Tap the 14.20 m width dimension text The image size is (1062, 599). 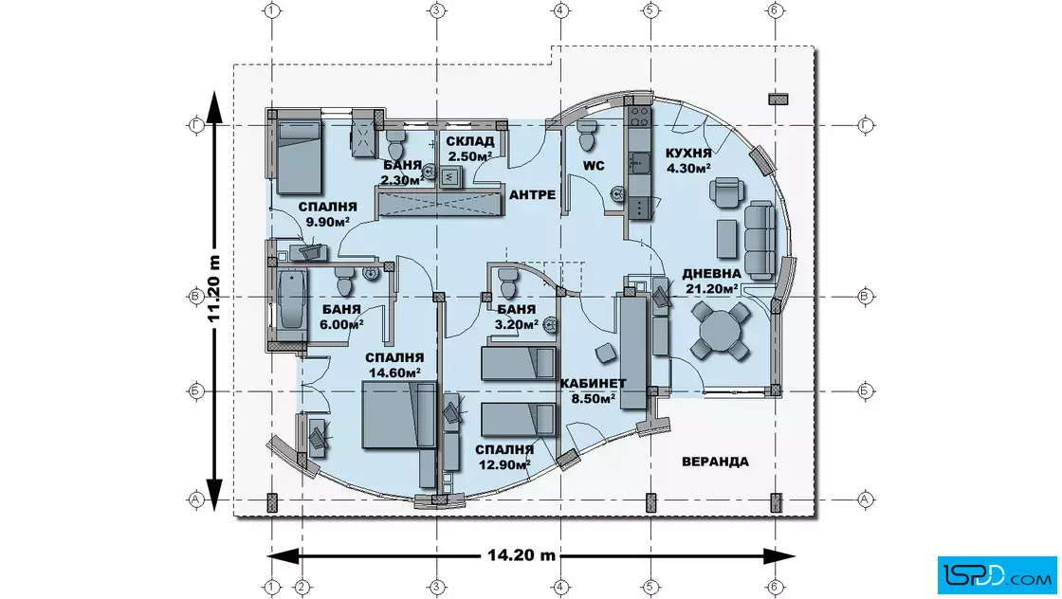[x=522, y=555]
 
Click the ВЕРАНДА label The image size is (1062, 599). [x=715, y=462]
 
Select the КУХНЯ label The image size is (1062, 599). [x=688, y=153]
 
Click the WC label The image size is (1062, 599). [x=594, y=166]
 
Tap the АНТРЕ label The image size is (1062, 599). [x=532, y=195]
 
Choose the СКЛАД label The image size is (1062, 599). [x=470, y=141]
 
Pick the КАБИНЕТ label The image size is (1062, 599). [x=594, y=384]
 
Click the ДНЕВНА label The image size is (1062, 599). [x=711, y=274]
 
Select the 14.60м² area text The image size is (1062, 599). [x=394, y=372]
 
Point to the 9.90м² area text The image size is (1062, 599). [x=328, y=222]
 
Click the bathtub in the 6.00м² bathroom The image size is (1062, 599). [x=291, y=300]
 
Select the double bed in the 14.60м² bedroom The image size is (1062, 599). [x=399, y=414]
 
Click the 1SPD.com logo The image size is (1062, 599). [x=997, y=575]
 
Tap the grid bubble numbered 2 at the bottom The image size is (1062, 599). [x=302, y=586]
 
